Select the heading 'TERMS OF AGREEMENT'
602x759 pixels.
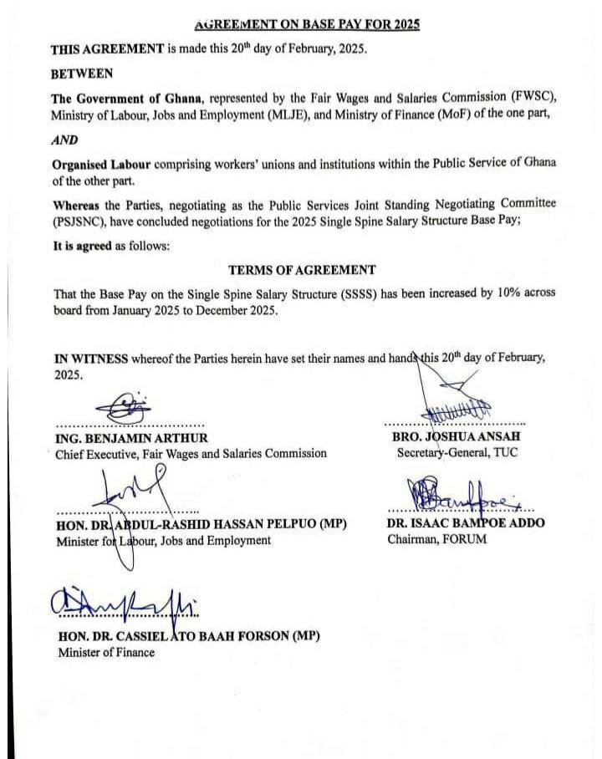(302, 270)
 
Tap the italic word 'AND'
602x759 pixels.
(64, 140)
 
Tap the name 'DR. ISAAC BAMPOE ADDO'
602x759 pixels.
(466, 523)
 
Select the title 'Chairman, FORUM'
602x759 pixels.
(436, 539)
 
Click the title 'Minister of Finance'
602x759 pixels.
(106, 652)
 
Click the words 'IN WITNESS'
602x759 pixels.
(91, 359)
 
